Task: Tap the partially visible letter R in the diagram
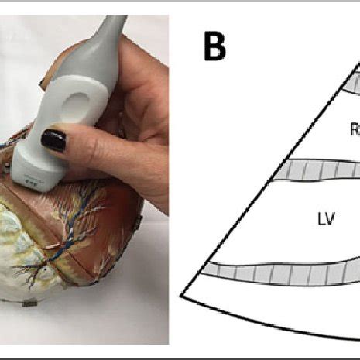point(355,131)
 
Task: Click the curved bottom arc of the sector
point(271,321)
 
